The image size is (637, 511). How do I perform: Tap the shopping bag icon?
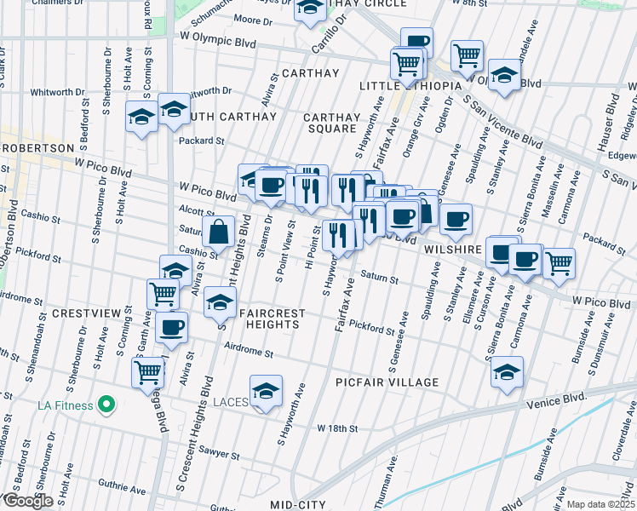[x=219, y=231]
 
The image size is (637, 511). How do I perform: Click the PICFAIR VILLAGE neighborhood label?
[x=386, y=383]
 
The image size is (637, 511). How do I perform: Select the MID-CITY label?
[x=297, y=505]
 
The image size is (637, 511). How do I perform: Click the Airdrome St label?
[x=247, y=349]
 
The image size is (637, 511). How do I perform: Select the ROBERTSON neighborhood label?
[x=38, y=147]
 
